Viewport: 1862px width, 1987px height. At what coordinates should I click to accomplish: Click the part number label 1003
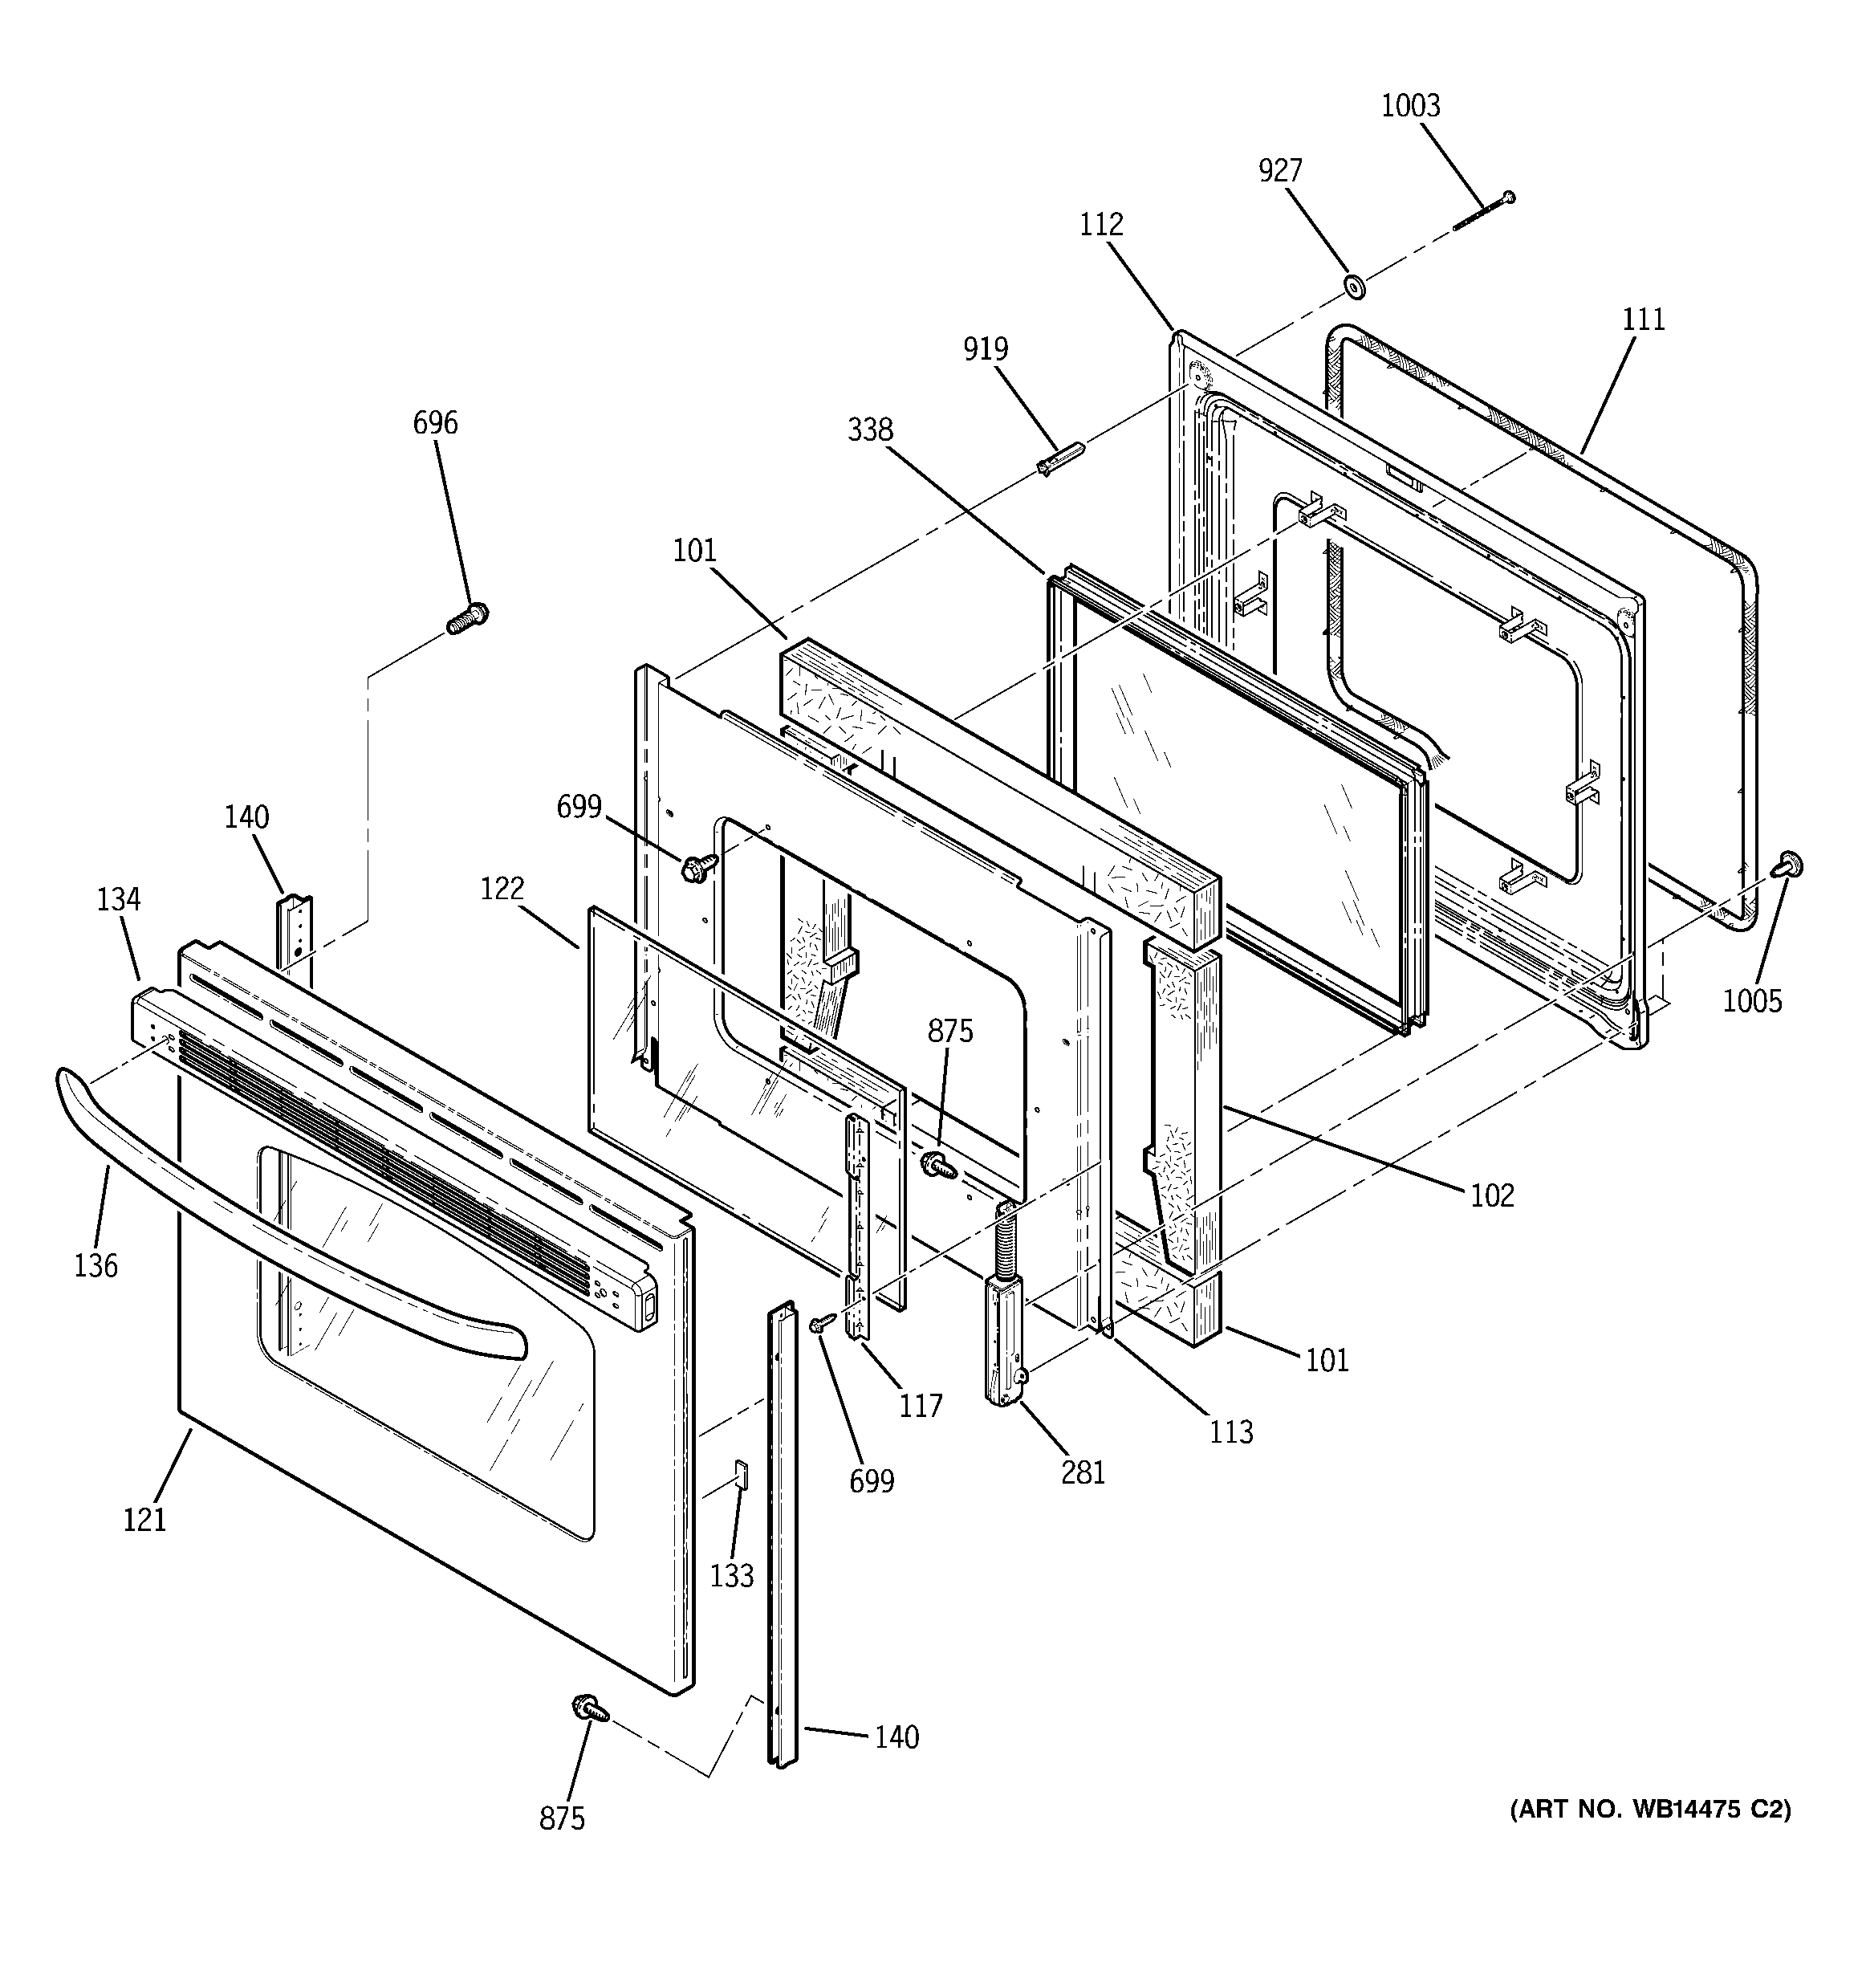coord(1410,106)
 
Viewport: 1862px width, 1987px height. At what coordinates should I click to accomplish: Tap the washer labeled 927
coord(1356,289)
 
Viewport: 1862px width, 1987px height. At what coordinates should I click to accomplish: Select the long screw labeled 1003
coord(1483,212)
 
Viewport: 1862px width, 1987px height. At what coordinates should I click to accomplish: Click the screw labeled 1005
coord(1787,865)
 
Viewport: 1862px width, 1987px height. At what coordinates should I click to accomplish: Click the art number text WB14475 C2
coord(1650,1809)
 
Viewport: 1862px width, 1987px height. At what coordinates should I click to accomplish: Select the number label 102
coord(1491,1195)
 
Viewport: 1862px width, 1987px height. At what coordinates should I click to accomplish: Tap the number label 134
coord(118,899)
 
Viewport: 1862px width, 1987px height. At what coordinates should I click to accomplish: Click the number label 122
coord(502,889)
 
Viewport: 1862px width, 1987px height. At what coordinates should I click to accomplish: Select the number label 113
coord(1230,1432)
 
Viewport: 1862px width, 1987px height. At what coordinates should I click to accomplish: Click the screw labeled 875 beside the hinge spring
coord(937,1163)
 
